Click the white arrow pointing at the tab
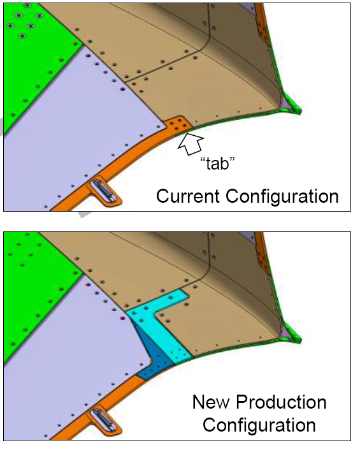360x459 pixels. coord(191,143)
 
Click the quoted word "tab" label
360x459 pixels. coord(217,163)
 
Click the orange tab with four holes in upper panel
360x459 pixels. coord(178,126)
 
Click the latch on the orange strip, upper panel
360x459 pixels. coord(104,192)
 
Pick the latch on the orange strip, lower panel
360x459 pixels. coord(104,421)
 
